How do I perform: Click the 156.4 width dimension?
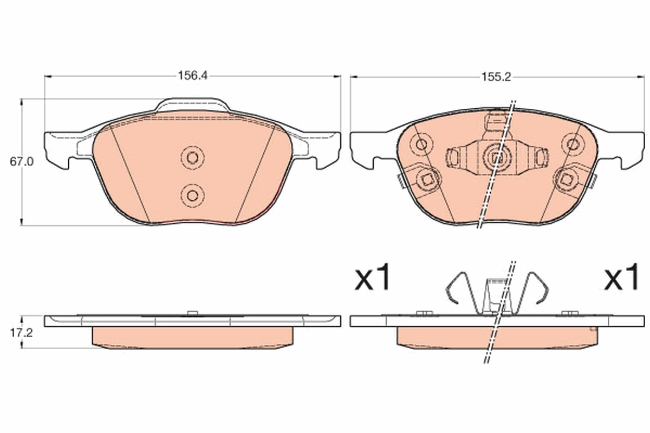[193, 76]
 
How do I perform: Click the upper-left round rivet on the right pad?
[421, 144]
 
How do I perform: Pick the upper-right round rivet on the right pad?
[572, 144]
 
